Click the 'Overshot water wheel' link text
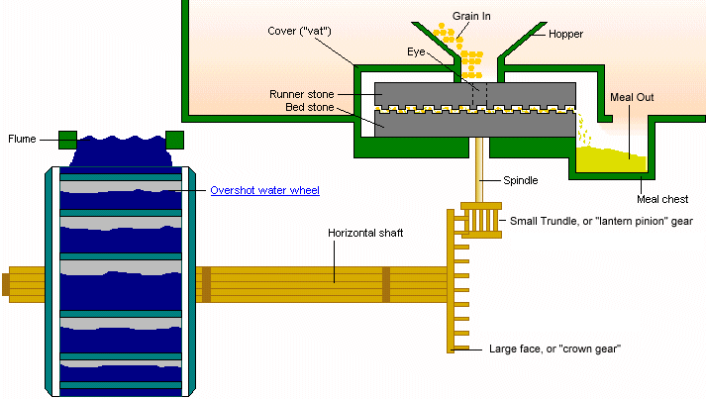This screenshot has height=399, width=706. click(x=264, y=189)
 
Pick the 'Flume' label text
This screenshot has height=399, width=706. click(x=23, y=139)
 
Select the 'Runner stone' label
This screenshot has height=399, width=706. click(x=301, y=94)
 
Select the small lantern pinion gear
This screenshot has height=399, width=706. click(x=483, y=218)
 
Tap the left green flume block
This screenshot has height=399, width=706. click(x=67, y=139)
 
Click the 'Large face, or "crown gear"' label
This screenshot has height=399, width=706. click(x=555, y=349)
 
